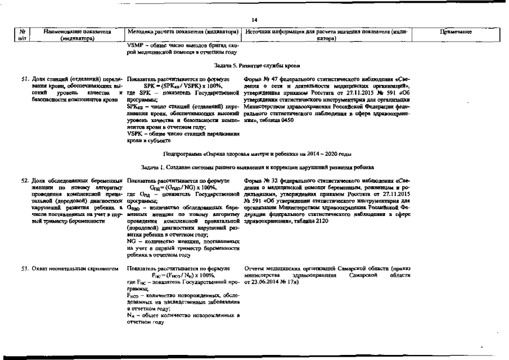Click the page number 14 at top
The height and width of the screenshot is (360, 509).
pyautogui.click(x=254, y=19)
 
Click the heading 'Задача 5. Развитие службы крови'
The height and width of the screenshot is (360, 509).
pyautogui.click(x=254, y=65)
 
